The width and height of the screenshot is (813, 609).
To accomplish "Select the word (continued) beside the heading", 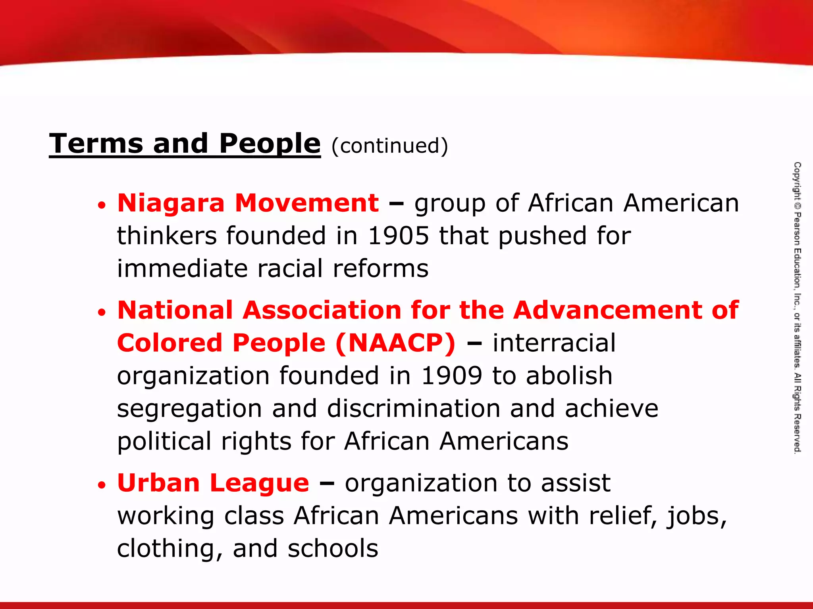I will click(x=389, y=146).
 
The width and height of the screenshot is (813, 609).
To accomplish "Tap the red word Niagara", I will click(x=171, y=203).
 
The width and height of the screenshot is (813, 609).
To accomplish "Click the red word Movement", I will click(x=307, y=203).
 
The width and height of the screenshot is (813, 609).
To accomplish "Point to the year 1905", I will click(x=398, y=236).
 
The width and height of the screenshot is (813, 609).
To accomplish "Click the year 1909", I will click(x=451, y=375).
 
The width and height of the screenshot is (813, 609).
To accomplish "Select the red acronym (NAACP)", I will click(x=395, y=343).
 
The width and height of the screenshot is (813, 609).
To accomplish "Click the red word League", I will click(x=259, y=484).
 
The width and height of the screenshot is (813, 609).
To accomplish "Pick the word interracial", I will click(x=554, y=343).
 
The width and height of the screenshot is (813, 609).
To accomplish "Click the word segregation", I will click(x=189, y=409).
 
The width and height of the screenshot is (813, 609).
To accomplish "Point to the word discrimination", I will click(x=413, y=408).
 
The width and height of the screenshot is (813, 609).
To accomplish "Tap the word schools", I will click(x=333, y=549).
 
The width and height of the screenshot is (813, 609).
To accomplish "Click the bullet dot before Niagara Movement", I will click(x=102, y=205).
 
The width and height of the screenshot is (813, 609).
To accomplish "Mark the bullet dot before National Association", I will click(x=102, y=312).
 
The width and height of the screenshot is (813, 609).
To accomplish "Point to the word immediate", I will click(x=182, y=268).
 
